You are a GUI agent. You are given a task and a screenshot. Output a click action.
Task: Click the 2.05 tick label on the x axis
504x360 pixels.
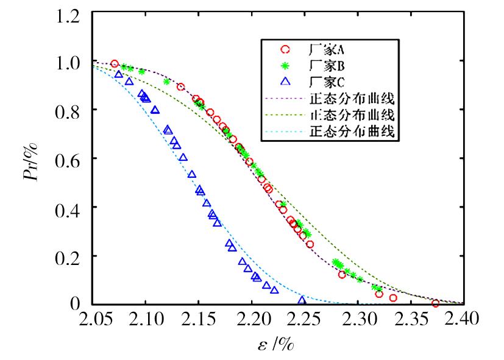[93, 319]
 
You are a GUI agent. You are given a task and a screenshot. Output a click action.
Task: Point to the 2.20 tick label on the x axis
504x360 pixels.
[252, 319]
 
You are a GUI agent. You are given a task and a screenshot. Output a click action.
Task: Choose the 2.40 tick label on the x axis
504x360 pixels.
[463, 319]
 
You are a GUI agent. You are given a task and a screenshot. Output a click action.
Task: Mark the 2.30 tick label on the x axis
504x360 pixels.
[357, 319]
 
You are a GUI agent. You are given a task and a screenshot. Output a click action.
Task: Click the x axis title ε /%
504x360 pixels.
[277, 345]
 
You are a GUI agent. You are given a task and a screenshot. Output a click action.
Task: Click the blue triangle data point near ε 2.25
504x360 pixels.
[302, 300]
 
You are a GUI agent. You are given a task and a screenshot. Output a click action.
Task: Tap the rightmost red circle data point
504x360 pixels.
[435, 303]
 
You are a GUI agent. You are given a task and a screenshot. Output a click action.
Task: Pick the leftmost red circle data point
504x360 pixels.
[115, 63]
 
